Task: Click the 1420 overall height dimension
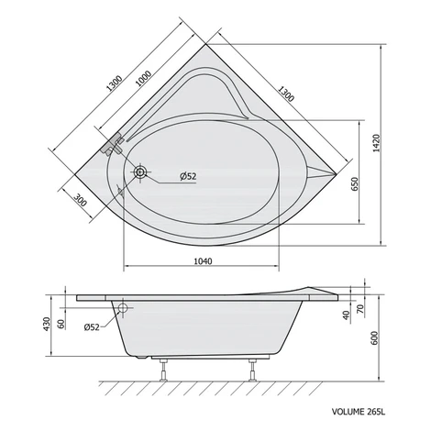click(376, 143)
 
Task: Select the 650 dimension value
click(355, 184)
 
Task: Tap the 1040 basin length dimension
click(203, 261)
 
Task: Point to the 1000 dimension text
click(143, 79)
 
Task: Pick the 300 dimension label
click(81, 200)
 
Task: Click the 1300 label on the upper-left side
click(115, 83)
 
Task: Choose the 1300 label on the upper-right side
click(286, 94)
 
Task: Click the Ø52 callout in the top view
click(188, 176)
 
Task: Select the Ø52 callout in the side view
click(92, 327)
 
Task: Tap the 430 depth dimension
click(47, 324)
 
